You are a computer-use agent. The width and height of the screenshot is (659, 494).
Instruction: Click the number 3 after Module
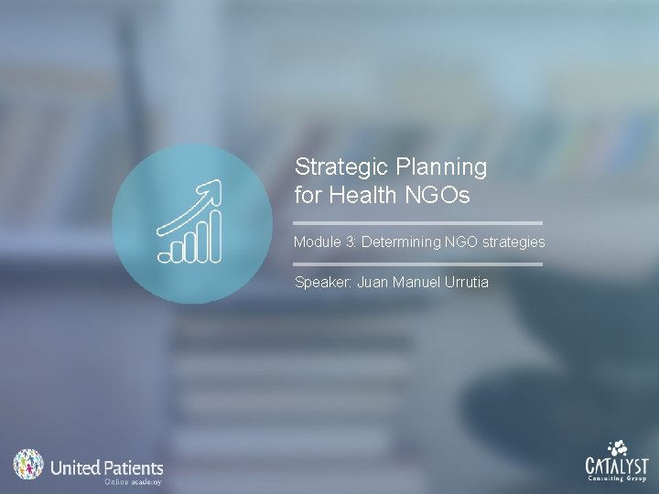coord(352,242)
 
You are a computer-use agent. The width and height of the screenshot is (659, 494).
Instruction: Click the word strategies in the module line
coord(509,242)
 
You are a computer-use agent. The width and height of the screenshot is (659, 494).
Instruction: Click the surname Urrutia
coord(466,282)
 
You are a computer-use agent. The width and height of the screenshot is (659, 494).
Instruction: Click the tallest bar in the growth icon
coord(214,236)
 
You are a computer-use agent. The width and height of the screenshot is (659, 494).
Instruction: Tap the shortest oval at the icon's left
coord(166,256)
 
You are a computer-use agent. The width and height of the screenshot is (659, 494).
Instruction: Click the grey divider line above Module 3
coord(418,222)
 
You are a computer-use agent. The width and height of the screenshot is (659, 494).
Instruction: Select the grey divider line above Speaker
coord(418,264)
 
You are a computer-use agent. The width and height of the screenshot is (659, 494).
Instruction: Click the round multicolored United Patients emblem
coord(28,465)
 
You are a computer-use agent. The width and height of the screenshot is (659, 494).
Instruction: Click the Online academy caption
coord(133,481)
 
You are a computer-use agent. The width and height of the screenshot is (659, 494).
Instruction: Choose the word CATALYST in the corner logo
coord(618,464)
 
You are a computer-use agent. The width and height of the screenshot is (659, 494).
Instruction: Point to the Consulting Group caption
coord(618,478)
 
